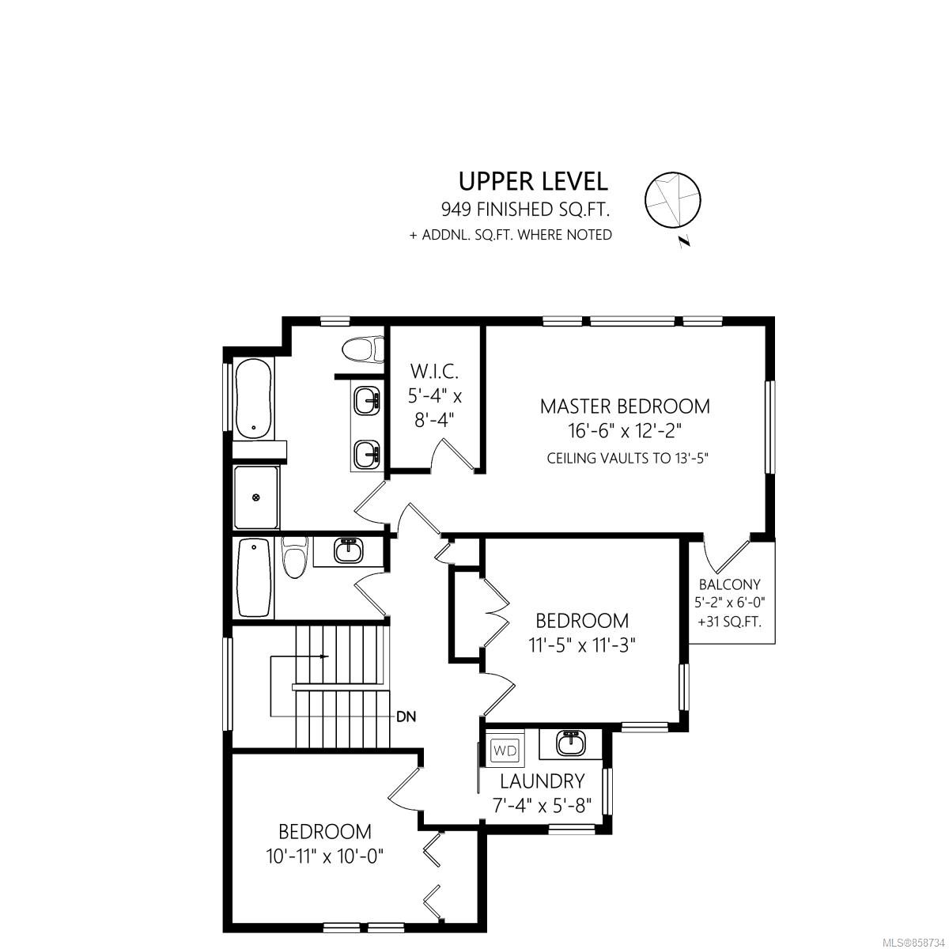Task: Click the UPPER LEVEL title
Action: pos(533,181)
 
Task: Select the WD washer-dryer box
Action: pos(505,751)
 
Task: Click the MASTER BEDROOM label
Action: pos(625,406)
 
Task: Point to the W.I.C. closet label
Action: pos(434,372)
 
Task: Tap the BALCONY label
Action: pos(729,584)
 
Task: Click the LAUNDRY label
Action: pos(543,781)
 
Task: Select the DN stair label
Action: pos(406,716)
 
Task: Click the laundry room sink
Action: pos(571,743)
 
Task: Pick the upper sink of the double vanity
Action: pos(367,401)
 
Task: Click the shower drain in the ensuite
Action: pos(255,498)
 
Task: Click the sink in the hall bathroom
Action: pos(349,550)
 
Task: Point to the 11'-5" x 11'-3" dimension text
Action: pos(582,645)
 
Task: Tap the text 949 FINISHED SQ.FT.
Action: pos(525,210)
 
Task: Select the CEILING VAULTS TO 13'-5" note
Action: pos(627,458)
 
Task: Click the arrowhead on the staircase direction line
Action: pos(324,656)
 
